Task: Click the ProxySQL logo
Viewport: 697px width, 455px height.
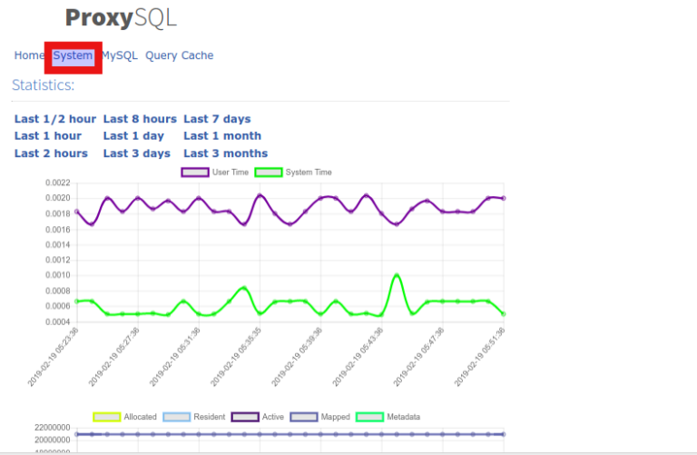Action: coord(121,18)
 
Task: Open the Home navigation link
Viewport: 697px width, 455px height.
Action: coord(28,55)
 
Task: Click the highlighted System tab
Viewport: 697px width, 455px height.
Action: coord(73,55)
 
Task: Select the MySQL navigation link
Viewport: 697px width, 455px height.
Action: coord(120,55)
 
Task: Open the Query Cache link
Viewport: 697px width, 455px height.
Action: coord(179,55)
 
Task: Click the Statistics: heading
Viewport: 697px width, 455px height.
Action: coord(43,85)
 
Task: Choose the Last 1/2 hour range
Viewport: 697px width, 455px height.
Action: coord(54,119)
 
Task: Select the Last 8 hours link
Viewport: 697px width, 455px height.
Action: coord(140,119)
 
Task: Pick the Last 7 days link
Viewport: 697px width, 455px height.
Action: coord(217,119)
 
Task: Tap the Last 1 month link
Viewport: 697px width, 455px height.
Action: coord(222,136)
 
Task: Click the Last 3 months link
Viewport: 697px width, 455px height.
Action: coord(225,153)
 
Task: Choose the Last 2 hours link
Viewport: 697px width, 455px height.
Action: coord(51,153)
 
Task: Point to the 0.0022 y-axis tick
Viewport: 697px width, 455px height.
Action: coord(57,183)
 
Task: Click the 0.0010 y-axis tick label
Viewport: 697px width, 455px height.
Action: coord(57,275)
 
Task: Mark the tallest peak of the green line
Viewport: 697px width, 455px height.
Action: coord(397,274)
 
